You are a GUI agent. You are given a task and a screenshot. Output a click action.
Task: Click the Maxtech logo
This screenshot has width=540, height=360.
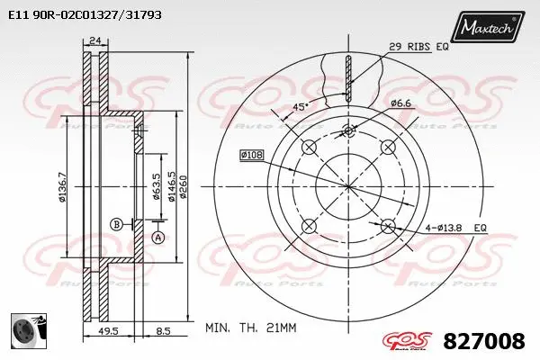(x=487, y=28)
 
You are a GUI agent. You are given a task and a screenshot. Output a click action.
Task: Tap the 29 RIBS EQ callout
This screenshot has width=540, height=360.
(x=418, y=46)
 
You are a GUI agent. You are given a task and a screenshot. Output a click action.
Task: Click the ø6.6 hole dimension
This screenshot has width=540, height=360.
(x=401, y=103)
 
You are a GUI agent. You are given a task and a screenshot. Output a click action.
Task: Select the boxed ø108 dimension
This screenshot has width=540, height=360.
(x=251, y=155)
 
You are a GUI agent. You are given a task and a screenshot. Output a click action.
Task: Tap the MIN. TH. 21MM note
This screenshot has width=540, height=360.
(x=251, y=328)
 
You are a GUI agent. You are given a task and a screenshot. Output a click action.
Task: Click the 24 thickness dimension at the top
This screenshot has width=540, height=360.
(x=95, y=39)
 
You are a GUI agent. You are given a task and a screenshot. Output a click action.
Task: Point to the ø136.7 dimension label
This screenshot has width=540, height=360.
(x=62, y=188)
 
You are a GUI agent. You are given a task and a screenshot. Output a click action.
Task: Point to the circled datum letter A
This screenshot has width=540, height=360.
(x=158, y=238)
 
